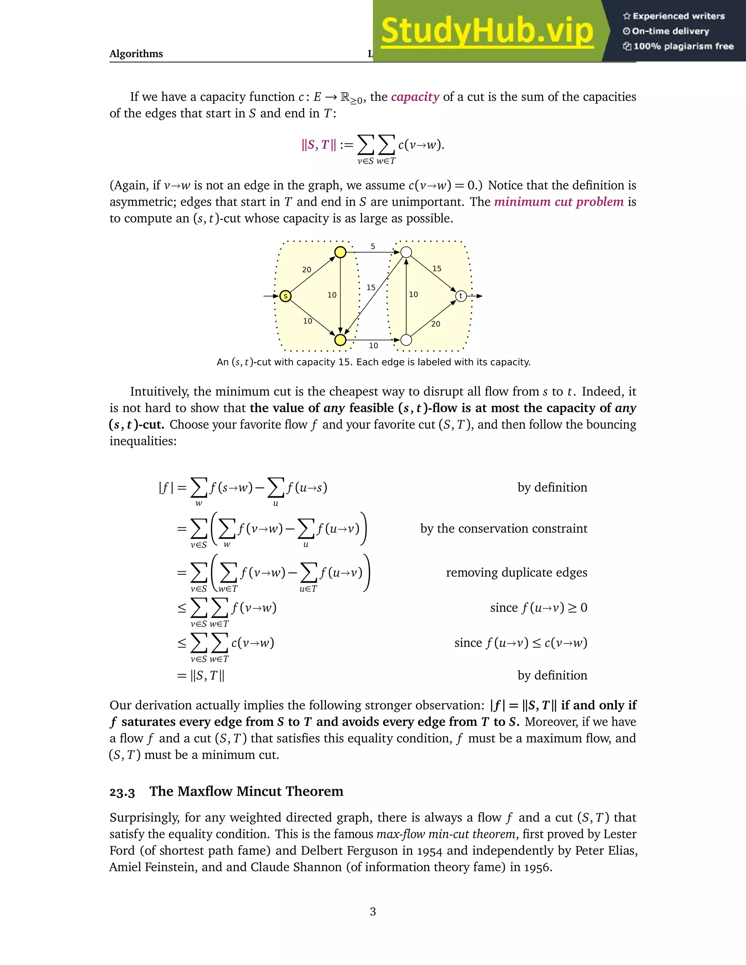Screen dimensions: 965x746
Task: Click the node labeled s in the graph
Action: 286,296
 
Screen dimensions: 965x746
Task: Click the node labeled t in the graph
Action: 461,296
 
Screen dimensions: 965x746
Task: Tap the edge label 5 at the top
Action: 373,247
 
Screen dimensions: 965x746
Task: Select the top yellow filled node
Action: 340,252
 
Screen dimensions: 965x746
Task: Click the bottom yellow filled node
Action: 340,340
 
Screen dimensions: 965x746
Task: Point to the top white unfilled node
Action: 406,252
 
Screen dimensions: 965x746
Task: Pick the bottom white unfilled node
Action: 406,340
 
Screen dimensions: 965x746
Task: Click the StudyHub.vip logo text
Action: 487,31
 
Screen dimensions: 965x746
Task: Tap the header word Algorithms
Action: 136,54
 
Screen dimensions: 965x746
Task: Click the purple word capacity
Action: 415,97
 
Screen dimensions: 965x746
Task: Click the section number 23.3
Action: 122,792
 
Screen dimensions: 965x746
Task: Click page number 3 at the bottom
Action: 373,911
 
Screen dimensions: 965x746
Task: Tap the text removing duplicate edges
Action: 516,573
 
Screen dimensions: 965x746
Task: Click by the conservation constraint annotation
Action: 503,528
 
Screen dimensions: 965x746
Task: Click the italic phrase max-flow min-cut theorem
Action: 445,834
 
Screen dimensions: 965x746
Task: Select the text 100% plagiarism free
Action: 683,46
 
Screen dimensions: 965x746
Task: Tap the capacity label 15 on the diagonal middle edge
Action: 371,288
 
